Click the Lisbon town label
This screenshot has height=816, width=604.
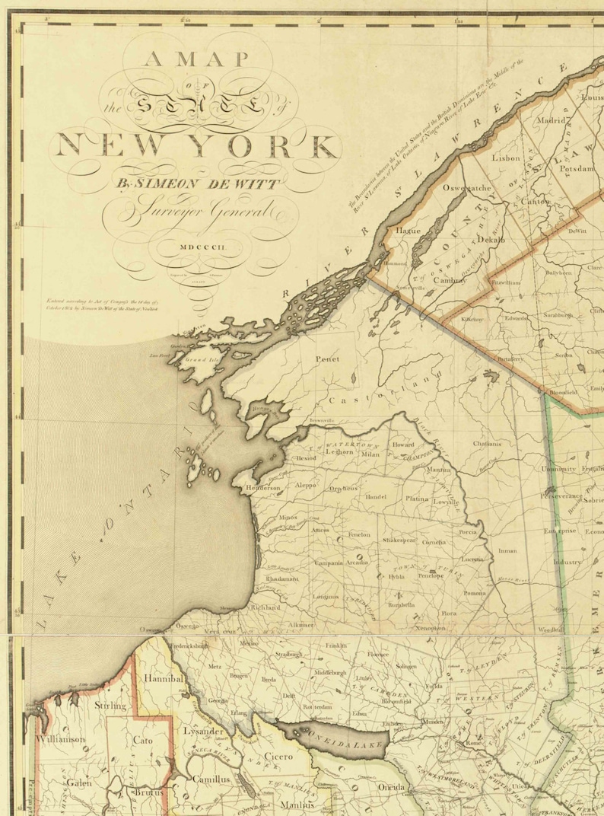click(x=505, y=158)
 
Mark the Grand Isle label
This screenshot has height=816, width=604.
click(x=199, y=359)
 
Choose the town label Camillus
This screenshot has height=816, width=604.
click(x=211, y=779)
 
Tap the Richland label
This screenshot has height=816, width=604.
click(x=265, y=608)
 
